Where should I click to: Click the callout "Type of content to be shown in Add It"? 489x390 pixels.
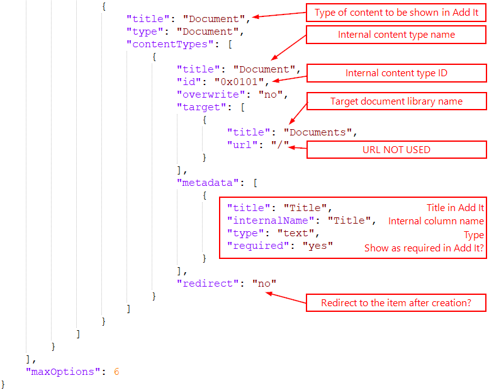tap(396, 12)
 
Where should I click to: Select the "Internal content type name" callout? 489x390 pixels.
tap(396, 35)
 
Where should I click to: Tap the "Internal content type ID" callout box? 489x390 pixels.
tap(396, 74)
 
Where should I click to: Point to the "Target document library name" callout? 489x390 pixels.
tap(396, 101)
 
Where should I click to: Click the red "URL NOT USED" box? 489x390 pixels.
tap(396, 149)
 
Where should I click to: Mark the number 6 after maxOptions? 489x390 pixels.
tap(116, 372)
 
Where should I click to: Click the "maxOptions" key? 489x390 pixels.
tap(62, 372)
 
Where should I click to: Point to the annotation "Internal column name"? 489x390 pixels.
tap(436, 221)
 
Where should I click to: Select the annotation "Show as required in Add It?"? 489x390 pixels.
tap(424, 248)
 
